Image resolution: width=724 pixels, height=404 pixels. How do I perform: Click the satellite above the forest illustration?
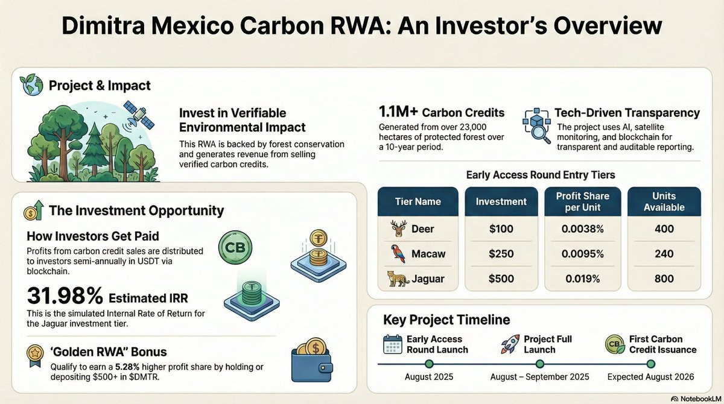[x=139, y=115]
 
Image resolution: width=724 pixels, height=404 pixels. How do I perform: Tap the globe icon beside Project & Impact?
[x=31, y=84]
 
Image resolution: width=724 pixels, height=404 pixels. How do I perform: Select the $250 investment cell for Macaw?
[x=501, y=253]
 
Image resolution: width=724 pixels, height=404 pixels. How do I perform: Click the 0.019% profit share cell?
[x=582, y=279]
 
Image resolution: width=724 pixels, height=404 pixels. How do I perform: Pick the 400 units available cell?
[x=664, y=229]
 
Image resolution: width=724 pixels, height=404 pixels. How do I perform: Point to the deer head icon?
[x=399, y=229]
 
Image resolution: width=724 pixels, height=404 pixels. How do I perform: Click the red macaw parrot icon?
[x=398, y=253]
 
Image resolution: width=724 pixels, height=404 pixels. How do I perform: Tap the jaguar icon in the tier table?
[x=399, y=279]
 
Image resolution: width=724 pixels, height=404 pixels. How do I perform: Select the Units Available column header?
[x=664, y=201]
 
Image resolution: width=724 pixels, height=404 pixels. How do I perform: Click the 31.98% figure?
[x=65, y=296]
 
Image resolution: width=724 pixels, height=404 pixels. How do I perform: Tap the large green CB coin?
[x=235, y=247]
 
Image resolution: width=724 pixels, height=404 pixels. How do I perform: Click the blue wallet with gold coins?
[x=312, y=360]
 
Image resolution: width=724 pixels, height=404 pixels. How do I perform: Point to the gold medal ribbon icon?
[x=35, y=356]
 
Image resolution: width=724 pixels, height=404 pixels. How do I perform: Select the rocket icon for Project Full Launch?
[x=510, y=344]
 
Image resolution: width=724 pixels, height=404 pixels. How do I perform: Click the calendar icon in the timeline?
[x=393, y=344]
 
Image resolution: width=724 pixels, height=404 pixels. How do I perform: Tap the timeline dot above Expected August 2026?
[x=650, y=364]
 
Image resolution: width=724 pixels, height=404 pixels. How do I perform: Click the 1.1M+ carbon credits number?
[x=398, y=112]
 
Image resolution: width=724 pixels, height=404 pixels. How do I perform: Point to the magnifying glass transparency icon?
[x=536, y=126]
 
